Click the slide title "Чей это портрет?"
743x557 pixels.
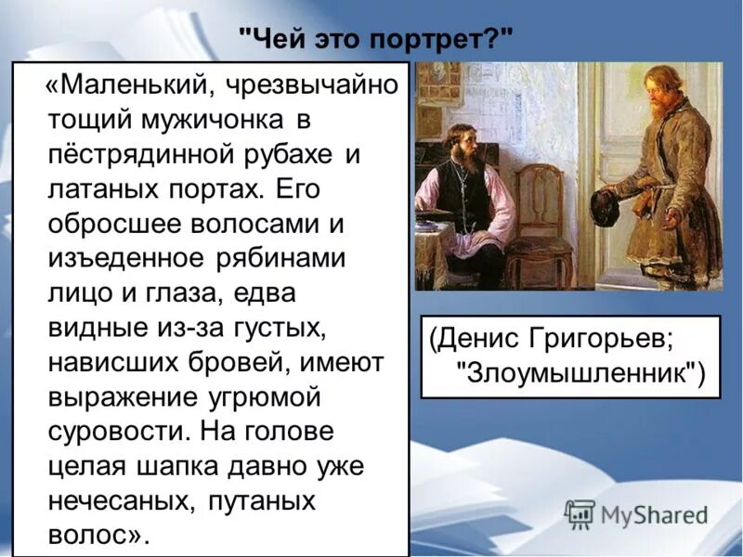point(375,40)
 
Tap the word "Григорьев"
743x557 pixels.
point(603,338)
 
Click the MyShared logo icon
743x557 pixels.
point(580,513)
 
